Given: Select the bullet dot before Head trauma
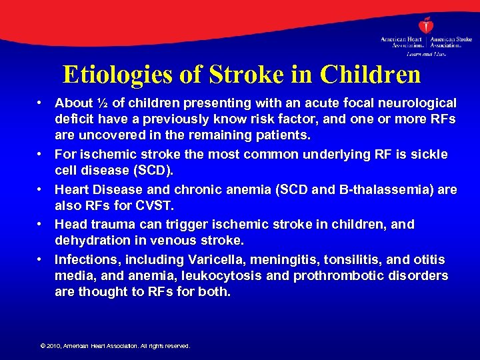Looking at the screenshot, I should click(40, 224).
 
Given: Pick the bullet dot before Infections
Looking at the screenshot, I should click(40, 259).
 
